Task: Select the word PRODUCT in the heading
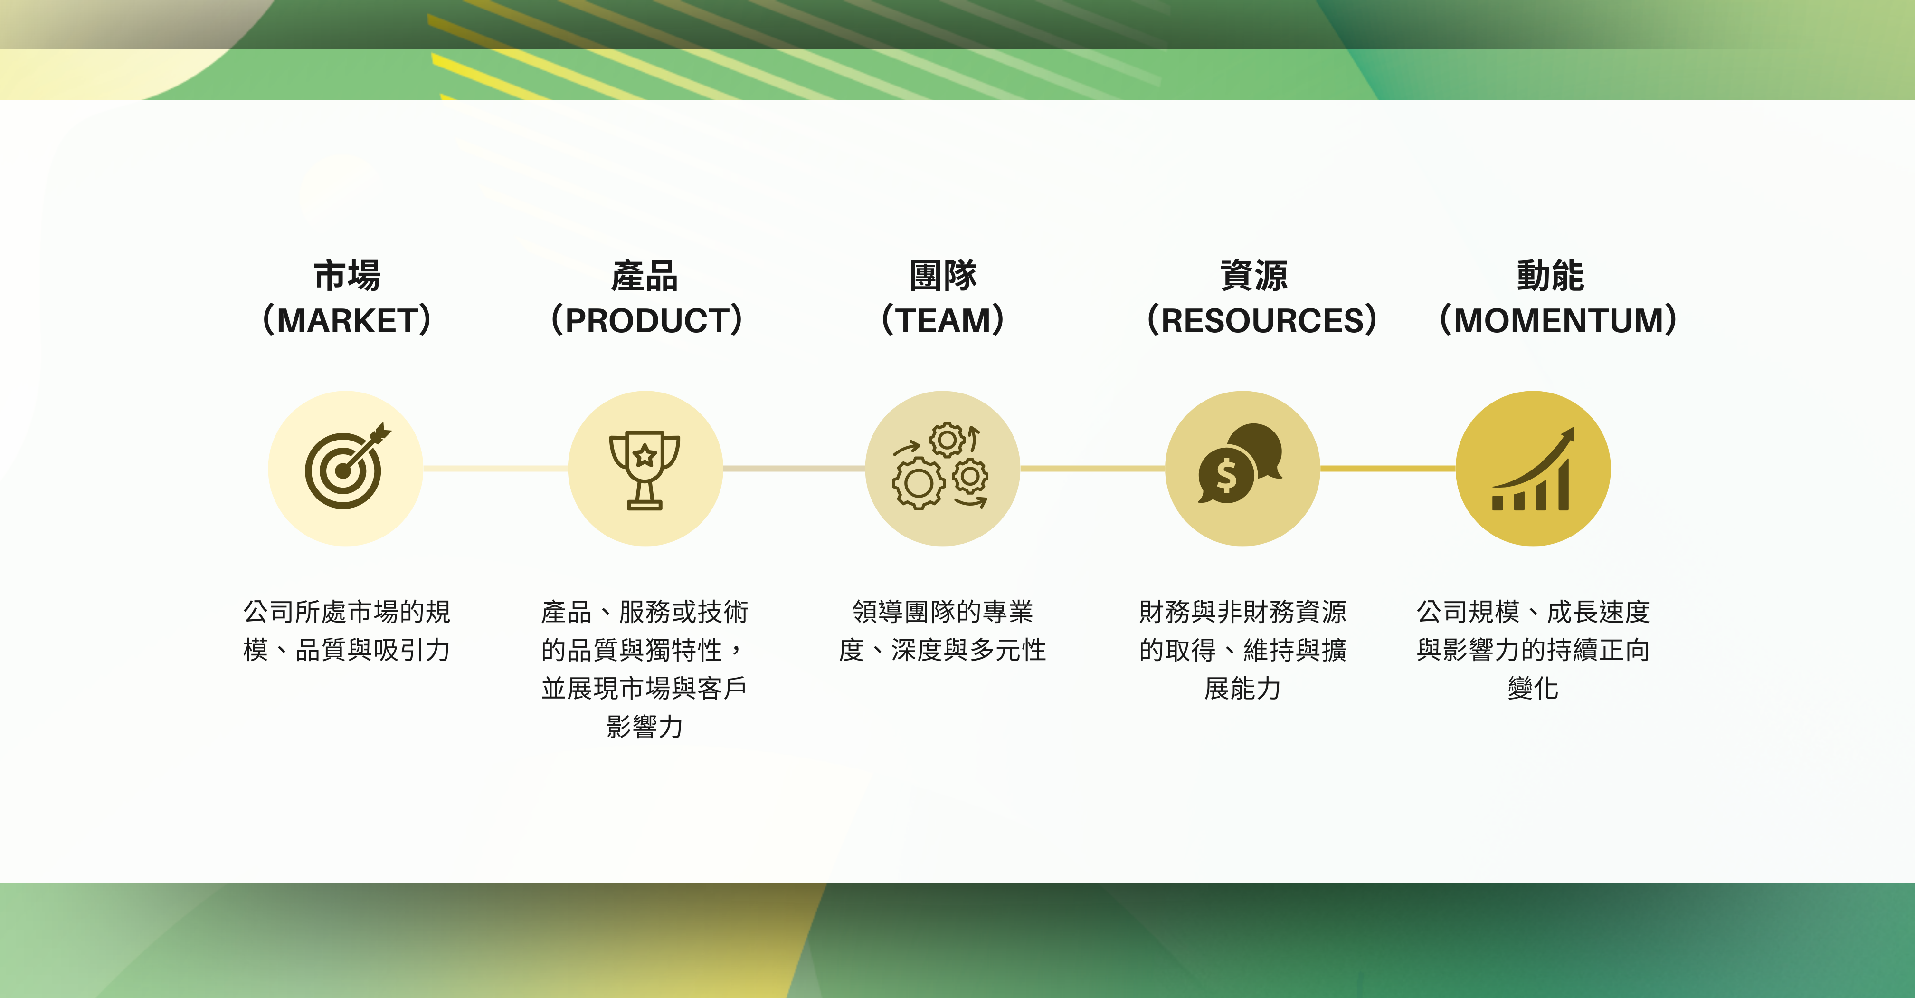(646, 320)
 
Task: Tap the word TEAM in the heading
(943, 320)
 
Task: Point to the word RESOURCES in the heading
(1261, 320)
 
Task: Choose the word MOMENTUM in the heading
(1558, 320)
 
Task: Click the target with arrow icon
(346, 469)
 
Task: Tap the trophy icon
(645, 469)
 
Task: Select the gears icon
(942, 469)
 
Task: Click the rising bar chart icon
(1533, 469)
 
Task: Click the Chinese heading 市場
(347, 276)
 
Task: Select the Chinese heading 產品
(645, 276)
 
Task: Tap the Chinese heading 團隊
(943, 276)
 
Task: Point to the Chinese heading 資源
(1254, 276)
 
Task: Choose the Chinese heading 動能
(1551, 276)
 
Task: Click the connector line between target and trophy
(495, 469)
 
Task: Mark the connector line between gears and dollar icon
(1092, 469)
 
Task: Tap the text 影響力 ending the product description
(645, 727)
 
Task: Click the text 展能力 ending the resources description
(1242, 689)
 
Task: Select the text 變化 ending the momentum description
(1533, 689)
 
